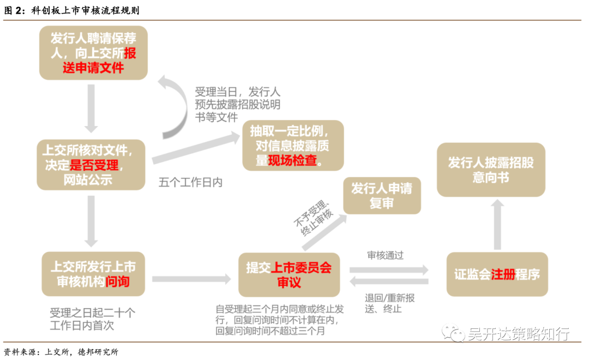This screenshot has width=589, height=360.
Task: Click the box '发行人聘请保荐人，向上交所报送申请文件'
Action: (x=93, y=53)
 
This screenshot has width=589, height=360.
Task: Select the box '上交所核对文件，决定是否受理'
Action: (x=91, y=164)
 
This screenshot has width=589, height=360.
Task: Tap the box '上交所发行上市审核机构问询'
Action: (x=93, y=274)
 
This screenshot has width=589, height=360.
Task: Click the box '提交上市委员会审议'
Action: (x=289, y=274)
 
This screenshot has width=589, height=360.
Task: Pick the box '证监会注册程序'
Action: (x=497, y=274)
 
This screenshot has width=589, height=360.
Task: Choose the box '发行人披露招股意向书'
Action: (x=491, y=170)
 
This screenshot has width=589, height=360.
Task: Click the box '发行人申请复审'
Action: (x=382, y=196)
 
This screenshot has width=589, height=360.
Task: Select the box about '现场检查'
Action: (x=293, y=146)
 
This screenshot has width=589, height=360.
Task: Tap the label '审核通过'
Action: (x=386, y=255)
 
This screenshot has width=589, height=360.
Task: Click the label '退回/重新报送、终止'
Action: (x=389, y=303)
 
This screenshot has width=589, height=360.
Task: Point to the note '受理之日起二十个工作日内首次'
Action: (x=92, y=319)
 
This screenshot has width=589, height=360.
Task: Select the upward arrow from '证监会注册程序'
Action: (x=497, y=224)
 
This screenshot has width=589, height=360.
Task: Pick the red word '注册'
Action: (x=503, y=274)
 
